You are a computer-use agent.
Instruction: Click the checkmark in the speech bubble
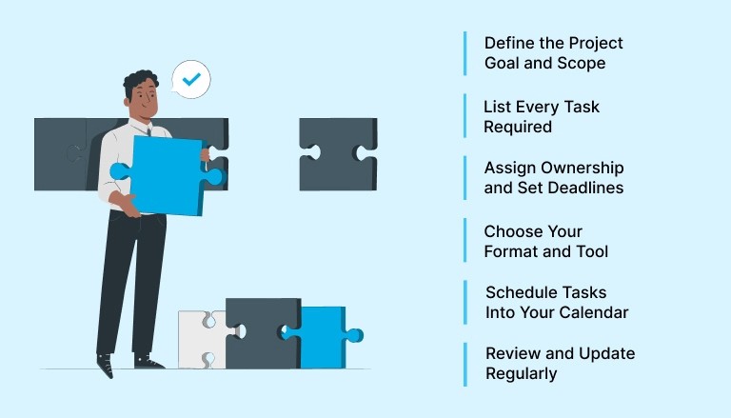[191, 79]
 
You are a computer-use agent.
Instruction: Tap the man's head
[138, 94]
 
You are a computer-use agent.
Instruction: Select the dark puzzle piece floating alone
[337, 152]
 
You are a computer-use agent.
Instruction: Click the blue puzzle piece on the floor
[322, 336]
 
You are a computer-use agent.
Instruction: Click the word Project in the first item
[594, 43]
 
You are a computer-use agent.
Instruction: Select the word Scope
[582, 64]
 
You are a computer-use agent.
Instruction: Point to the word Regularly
[521, 374]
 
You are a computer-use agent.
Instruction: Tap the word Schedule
[518, 292]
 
